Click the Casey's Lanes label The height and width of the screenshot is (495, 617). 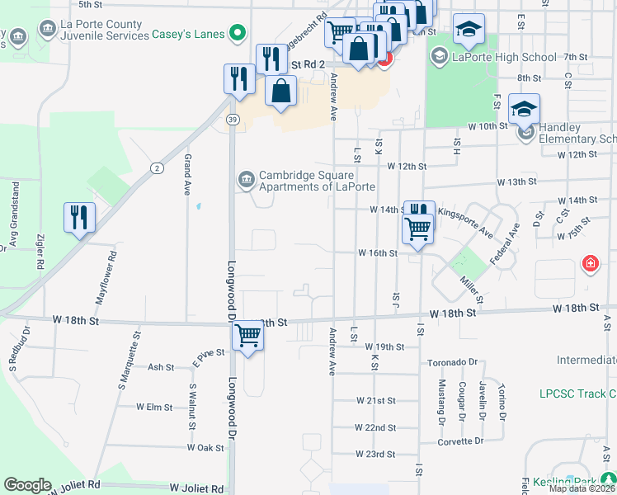[x=189, y=35]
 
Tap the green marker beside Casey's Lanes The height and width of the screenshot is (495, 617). [x=238, y=34]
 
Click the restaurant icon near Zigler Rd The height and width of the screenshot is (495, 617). [x=80, y=217]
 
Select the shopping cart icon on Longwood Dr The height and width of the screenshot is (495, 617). [x=247, y=336]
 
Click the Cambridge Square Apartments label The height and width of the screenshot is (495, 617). [x=305, y=181]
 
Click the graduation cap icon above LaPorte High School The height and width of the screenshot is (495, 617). [x=469, y=30]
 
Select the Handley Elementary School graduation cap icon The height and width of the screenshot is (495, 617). [x=524, y=108]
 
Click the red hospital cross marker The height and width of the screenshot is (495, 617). [x=590, y=265]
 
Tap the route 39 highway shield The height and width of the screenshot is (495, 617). [x=234, y=120]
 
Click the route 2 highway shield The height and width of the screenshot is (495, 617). [x=156, y=168]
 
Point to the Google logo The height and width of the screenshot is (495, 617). [x=27, y=485]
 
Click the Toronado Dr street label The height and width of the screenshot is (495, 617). [x=453, y=362]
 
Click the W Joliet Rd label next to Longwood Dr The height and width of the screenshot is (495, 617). [x=197, y=488]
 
